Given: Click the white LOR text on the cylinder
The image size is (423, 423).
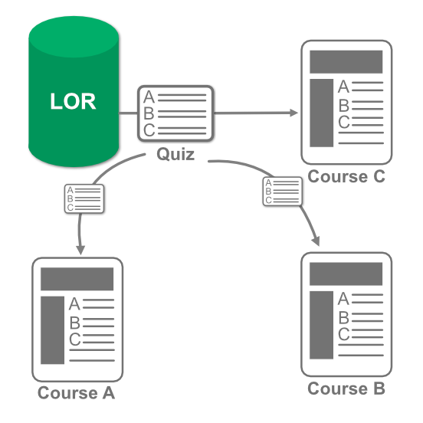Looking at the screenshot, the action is pyautogui.click(x=73, y=101).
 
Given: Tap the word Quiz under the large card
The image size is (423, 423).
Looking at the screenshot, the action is pyautogui.click(x=175, y=155).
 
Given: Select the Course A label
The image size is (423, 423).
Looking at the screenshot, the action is pyautogui.click(x=77, y=392).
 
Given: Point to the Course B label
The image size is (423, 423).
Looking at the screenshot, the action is pyautogui.click(x=346, y=389).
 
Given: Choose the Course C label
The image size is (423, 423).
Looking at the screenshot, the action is pyautogui.click(x=346, y=176).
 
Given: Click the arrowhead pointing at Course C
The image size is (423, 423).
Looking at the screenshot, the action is pyautogui.click(x=294, y=113).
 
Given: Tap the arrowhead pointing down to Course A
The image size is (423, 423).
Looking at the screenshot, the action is pyautogui.click(x=80, y=250).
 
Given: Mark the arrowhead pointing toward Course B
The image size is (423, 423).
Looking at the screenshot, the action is pyautogui.click(x=316, y=241).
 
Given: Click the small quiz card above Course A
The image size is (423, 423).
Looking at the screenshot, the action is pyautogui.click(x=84, y=198).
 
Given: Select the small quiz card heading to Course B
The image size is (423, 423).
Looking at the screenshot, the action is pyautogui.click(x=283, y=192).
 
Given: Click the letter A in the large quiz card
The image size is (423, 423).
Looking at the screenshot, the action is pyautogui.click(x=149, y=97).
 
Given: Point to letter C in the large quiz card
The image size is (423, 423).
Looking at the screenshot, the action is pyautogui.click(x=149, y=130).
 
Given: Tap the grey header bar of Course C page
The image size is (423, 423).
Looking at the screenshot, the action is pyautogui.click(x=346, y=62).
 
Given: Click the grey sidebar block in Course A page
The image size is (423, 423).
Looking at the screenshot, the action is pyautogui.click(x=52, y=330).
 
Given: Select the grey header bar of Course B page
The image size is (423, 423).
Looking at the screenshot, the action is pyautogui.click(x=346, y=274).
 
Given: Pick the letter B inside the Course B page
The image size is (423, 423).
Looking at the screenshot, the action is pyautogui.click(x=343, y=317).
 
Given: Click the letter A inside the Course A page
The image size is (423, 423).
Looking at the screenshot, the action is pyautogui.click(x=74, y=303).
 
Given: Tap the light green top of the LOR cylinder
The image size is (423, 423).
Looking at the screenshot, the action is pyautogui.click(x=74, y=37).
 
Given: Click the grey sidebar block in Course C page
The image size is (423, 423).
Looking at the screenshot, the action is pyautogui.click(x=321, y=113).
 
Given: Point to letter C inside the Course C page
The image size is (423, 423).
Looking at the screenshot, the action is pyautogui.click(x=343, y=122).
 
